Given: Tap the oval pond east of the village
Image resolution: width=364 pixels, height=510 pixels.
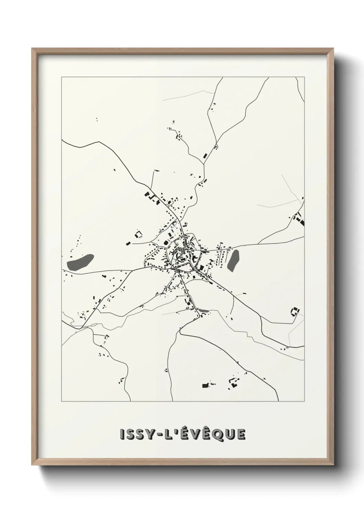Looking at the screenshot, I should pyautogui.click(x=233, y=260).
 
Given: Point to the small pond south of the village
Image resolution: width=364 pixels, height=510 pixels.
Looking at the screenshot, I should pyautogui.click(x=204, y=311).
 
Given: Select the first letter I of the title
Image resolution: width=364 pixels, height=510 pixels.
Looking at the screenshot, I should pyautogui.click(x=122, y=435).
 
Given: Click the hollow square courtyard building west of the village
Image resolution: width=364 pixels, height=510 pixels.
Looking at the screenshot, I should pyautogui.click(x=138, y=234).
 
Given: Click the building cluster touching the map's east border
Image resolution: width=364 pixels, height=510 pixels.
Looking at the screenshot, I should pyautogui.click(x=299, y=219).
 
